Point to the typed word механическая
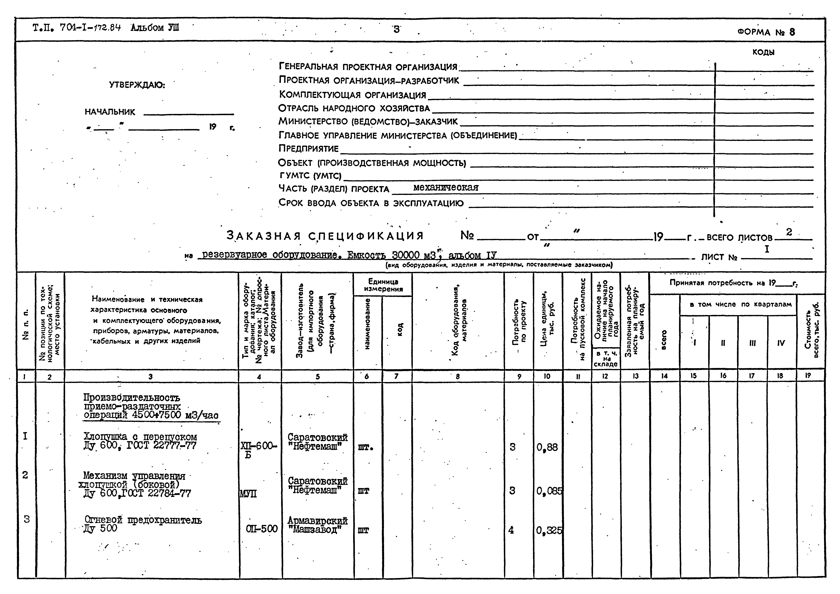(x=446, y=187)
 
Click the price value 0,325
(x=549, y=530)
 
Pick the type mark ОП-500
(x=262, y=529)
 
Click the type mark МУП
(x=248, y=494)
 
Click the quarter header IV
(x=781, y=343)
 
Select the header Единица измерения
(x=383, y=285)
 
